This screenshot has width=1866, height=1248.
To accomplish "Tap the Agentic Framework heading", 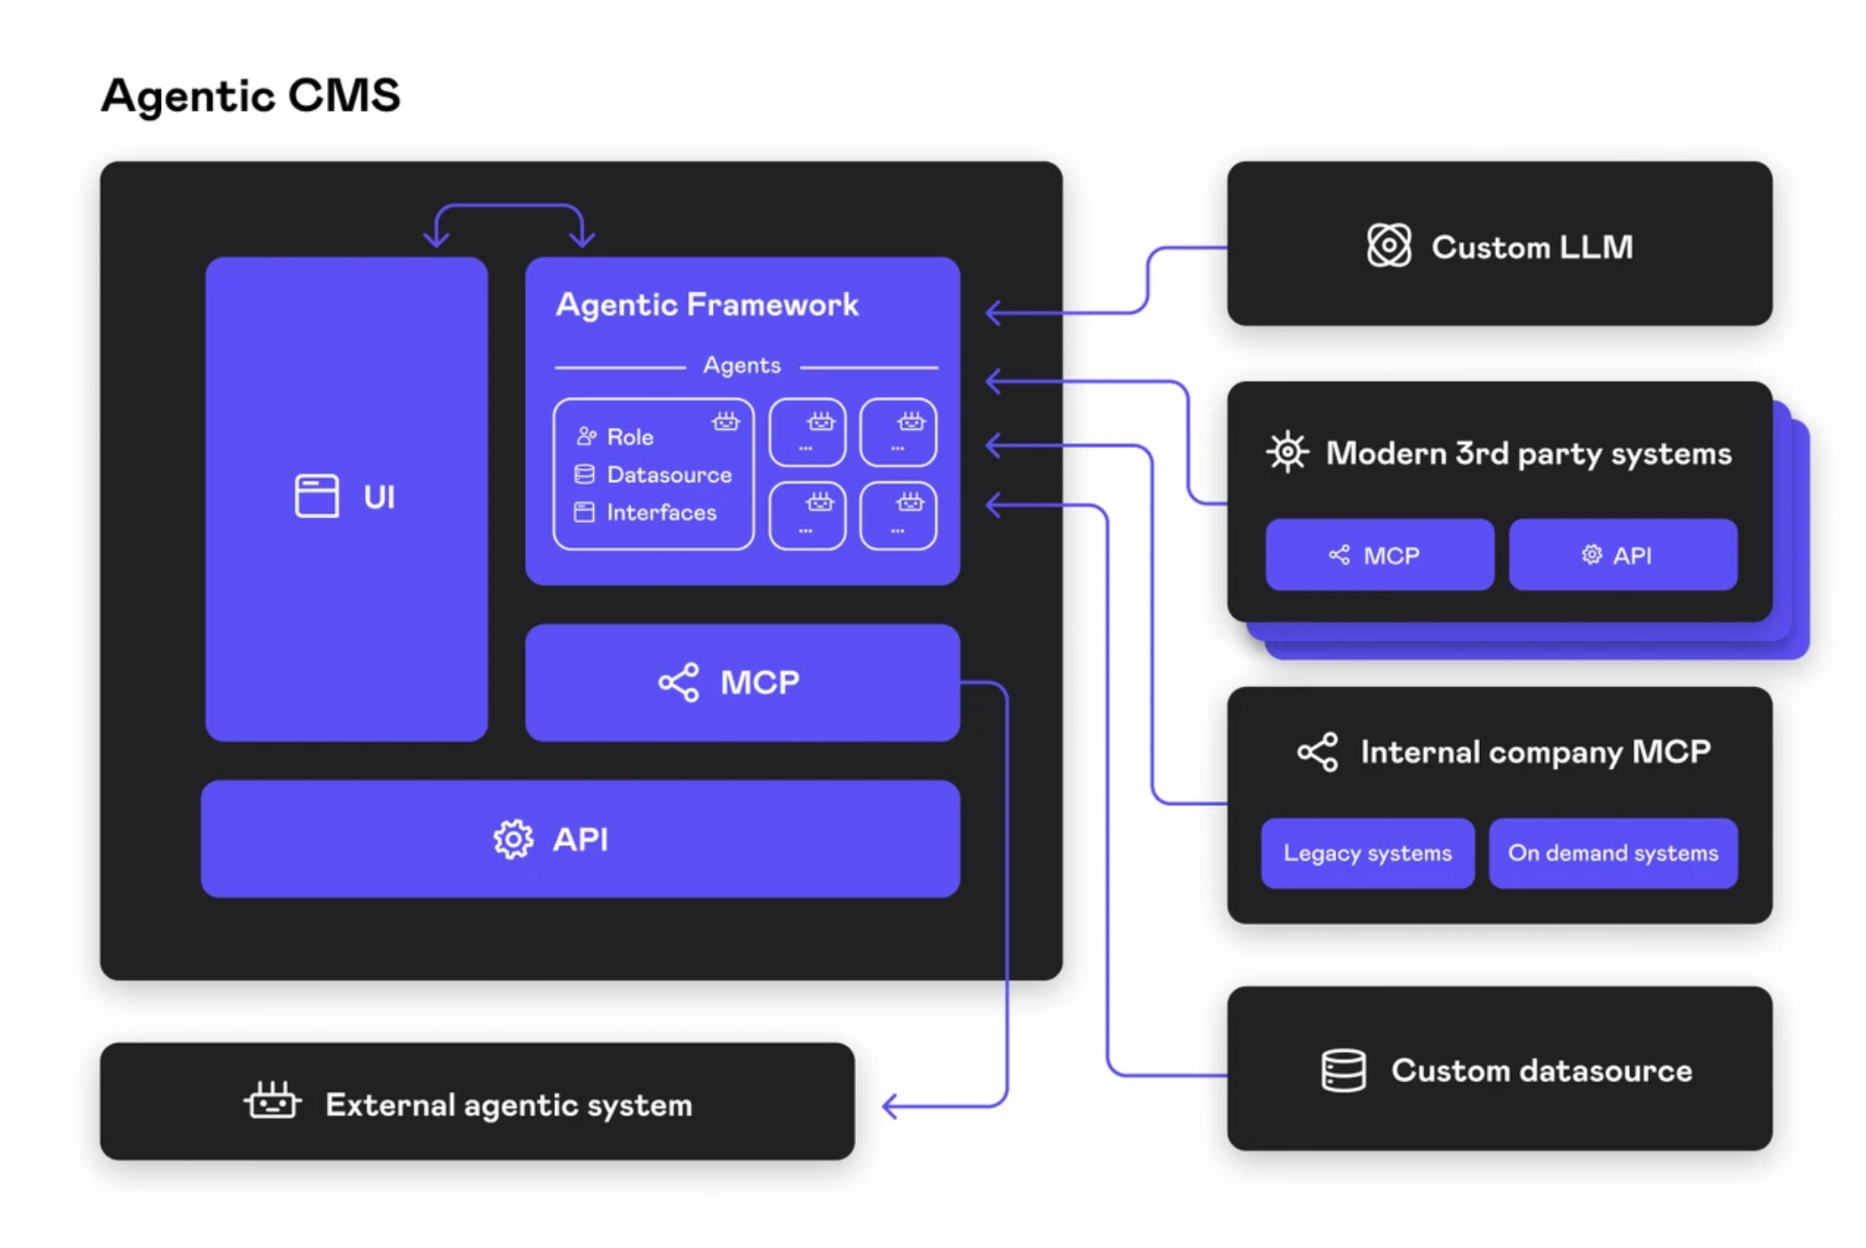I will (706, 304).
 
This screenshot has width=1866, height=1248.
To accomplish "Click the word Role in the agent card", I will (630, 437).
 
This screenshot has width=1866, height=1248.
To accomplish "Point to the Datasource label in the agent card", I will (668, 474).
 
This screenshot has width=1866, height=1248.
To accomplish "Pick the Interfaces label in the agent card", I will (661, 512).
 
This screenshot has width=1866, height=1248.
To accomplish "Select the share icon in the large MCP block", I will (678, 682).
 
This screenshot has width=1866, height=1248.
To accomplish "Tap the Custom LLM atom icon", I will (1388, 245).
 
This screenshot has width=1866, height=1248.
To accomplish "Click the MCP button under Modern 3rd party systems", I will (1378, 554).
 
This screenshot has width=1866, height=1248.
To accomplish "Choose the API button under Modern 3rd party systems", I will (1622, 554).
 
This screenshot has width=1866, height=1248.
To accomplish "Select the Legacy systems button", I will (1367, 853).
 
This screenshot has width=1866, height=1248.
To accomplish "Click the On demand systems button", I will (1612, 853).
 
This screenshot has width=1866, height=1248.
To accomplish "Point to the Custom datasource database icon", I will (1342, 1070).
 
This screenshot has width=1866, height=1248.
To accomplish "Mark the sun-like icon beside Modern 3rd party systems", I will (1287, 452).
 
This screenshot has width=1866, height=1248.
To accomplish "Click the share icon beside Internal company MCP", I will (1317, 752).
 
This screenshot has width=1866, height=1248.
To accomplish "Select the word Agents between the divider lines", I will (741, 365).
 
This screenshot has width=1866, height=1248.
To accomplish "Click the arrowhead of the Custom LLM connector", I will (992, 312).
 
